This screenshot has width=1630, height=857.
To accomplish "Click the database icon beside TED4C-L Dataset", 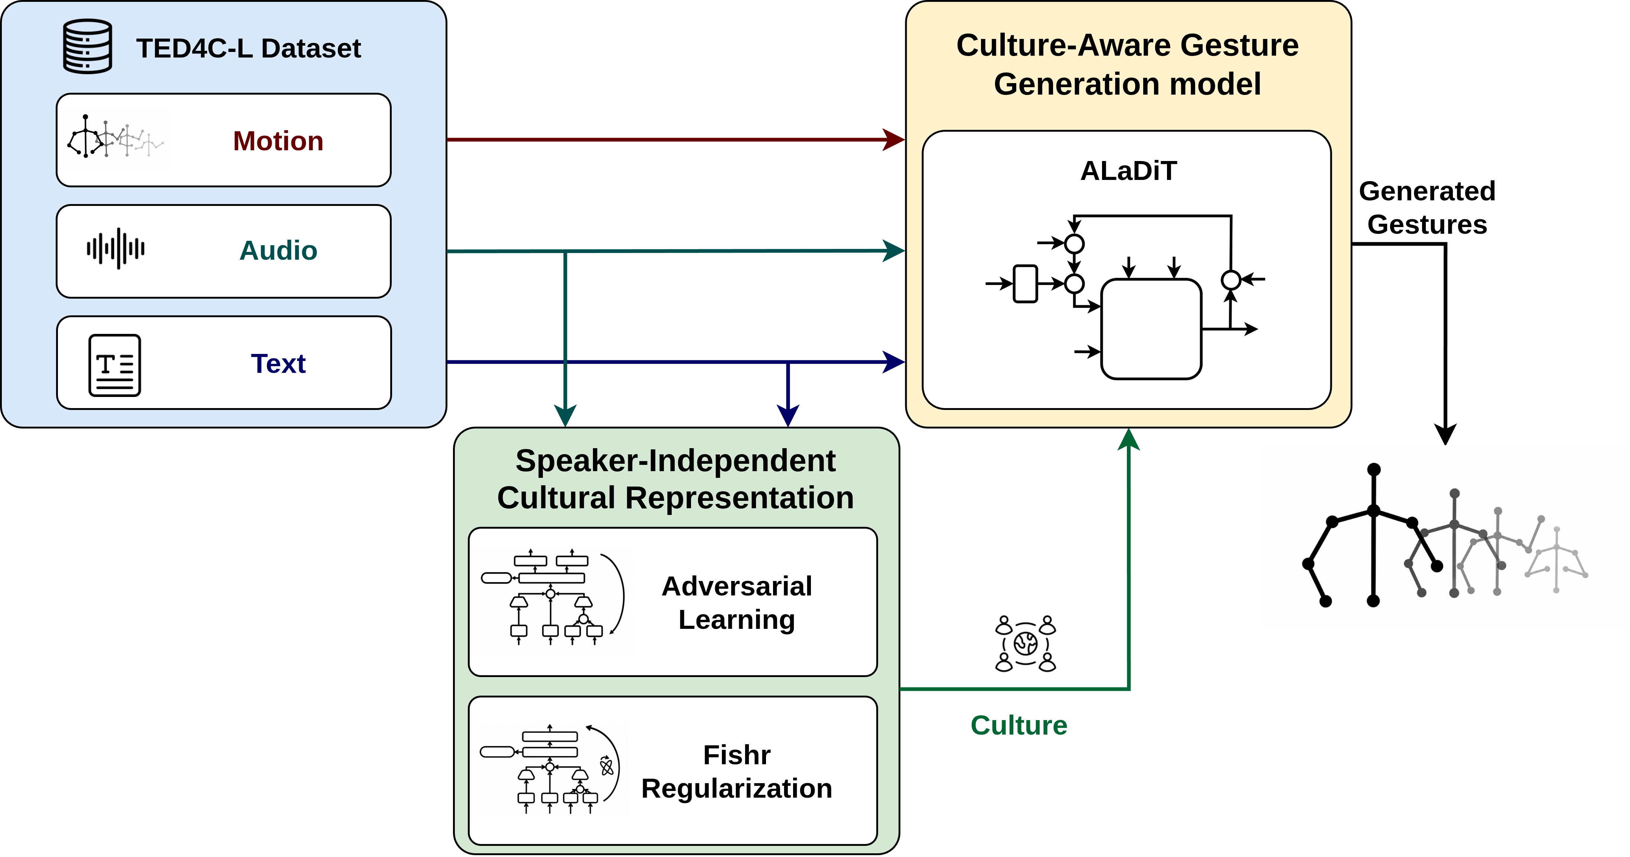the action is pyautogui.click(x=88, y=47).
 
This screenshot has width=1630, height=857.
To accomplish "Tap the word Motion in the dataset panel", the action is pyautogui.click(x=278, y=141).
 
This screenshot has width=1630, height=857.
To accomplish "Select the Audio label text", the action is pyautogui.click(x=278, y=250).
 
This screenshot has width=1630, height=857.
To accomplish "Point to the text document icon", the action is pyautogui.click(x=114, y=365).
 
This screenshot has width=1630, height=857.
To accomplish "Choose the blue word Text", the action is pyautogui.click(x=278, y=364).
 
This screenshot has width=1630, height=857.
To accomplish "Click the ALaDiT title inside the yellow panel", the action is pyautogui.click(x=1129, y=171).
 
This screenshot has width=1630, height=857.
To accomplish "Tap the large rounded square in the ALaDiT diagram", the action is pyautogui.click(x=1151, y=329).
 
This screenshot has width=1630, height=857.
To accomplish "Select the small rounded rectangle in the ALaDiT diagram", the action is pyautogui.click(x=1025, y=284).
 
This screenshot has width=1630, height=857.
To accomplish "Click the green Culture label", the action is pyautogui.click(x=1019, y=725).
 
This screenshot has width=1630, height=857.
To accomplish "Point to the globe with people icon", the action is pyautogui.click(x=1026, y=643).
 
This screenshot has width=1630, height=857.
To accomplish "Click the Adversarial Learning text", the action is pyautogui.click(x=737, y=603).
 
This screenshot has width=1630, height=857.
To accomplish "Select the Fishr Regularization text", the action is pyautogui.click(x=737, y=772).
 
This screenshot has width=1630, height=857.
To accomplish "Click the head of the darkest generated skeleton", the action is pyautogui.click(x=1374, y=469).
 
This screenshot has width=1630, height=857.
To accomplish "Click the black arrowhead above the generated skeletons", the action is pyautogui.click(x=1445, y=434).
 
